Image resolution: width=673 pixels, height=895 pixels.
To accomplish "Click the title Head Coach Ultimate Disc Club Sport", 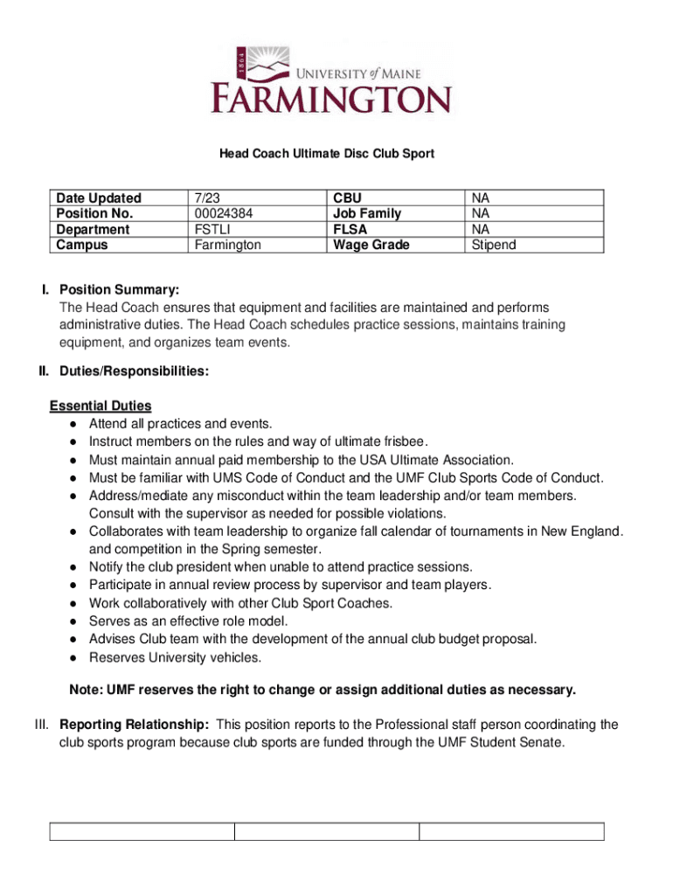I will coord(326,154).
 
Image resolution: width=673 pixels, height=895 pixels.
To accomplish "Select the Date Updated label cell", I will coord(98,198).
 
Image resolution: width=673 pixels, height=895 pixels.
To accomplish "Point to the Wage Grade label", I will coord(371,246).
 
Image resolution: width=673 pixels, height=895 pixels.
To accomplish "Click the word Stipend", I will coord(494,246).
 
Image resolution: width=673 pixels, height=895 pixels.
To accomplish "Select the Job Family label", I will coord(367,214).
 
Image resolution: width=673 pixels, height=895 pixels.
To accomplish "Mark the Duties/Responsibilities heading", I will coord(134,371).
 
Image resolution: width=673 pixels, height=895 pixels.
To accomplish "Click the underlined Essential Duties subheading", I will coord(101,406).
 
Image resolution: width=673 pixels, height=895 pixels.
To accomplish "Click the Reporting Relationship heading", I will coord(134,725).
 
